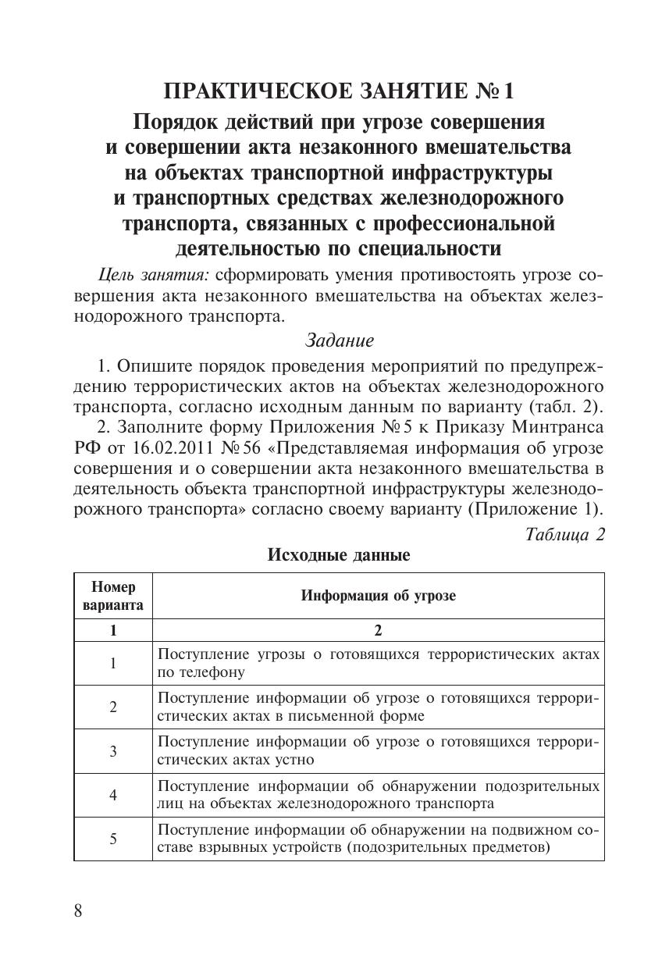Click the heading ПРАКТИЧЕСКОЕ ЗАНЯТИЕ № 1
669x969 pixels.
point(339,92)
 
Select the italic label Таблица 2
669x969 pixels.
point(565,535)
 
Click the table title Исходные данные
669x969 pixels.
point(339,556)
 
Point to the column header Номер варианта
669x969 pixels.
point(113,596)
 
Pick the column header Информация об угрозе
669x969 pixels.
point(379,596)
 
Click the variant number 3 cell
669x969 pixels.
point(113,751)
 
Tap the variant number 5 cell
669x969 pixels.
point(113,839)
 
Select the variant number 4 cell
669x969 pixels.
point(113,795)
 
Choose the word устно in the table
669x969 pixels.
point(294,759)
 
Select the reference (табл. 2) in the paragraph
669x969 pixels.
point(566,406)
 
